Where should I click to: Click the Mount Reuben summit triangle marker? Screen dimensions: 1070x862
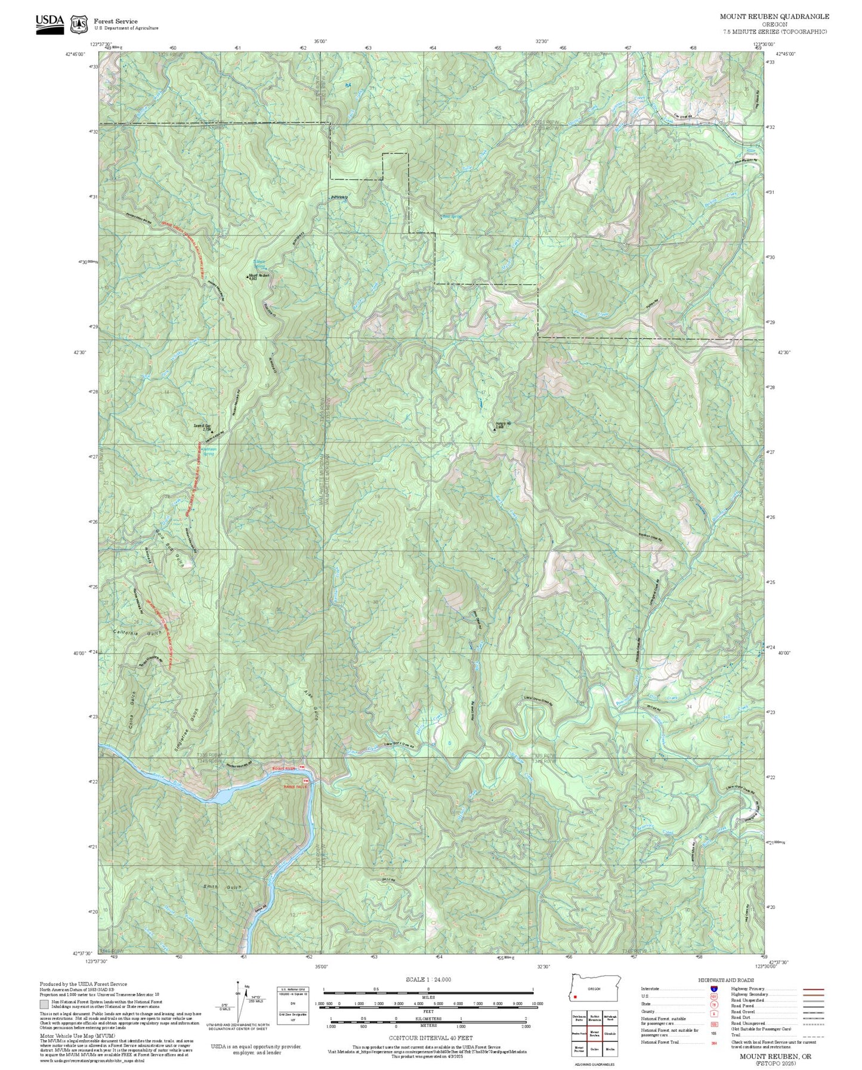coord(248,276)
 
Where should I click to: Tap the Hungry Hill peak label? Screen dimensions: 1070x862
coord(503,424)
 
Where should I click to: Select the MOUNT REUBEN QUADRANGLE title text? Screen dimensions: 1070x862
coord(774,17)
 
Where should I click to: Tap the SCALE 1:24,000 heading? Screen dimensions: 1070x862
coord(428,979)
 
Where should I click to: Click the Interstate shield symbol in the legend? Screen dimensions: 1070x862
coord(713,988)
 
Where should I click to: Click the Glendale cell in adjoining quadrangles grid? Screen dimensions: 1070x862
coord(610,1034)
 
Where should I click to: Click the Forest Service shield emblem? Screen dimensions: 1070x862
coord(79,24)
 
